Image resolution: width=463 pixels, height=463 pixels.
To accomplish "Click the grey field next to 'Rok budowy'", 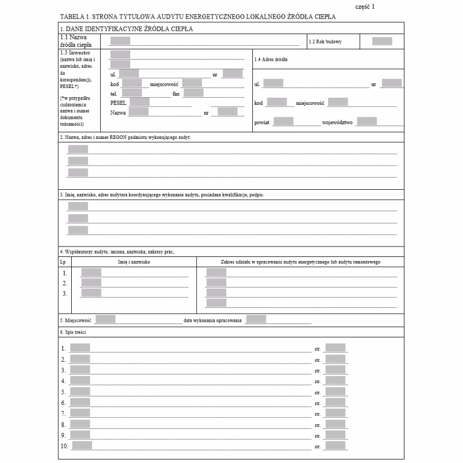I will pos(382,41).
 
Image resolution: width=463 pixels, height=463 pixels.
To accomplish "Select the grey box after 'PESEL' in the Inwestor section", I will pos(139,102).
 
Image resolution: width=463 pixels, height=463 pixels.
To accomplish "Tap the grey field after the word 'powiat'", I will pos(283,122).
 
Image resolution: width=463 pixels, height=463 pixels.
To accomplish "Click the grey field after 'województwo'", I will pos(367,122).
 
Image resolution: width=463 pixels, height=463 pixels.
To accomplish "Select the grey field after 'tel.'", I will pos(132,93).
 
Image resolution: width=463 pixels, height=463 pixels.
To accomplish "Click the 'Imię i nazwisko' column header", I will pos(134,262).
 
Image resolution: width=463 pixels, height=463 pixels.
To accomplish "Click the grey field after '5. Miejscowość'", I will pos(105,319).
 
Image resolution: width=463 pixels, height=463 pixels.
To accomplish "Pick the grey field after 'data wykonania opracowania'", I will pos(256,319).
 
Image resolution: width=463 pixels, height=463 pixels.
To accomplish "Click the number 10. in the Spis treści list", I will pos(64,446).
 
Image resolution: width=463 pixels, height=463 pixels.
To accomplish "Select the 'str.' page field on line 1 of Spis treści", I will pos(335,348).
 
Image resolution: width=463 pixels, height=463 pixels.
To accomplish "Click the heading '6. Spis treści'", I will pos(72,332).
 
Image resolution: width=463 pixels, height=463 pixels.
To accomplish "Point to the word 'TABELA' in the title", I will pos(70,17).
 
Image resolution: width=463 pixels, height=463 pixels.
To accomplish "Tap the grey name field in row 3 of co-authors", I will pos(91,293).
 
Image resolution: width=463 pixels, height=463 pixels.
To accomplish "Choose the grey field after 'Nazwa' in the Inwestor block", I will pos(138,112).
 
